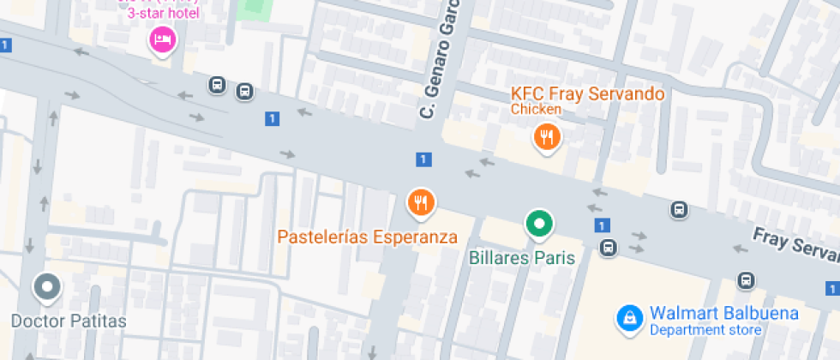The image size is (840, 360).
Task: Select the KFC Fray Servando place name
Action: [x=587, y=93]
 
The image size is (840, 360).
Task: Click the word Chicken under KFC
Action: [x=536, y=109]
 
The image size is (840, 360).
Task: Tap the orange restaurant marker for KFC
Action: [x=546, y=135]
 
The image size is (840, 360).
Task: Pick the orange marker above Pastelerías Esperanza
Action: [x=420, y=203]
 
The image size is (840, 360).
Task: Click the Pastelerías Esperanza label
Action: [x=367, y=237]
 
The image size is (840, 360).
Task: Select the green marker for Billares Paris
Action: [x=539, y=225]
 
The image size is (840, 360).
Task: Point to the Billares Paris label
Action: [x=521, y=256]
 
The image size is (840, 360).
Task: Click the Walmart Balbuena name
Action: [x=723, y=313]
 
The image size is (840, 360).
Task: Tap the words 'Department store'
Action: [x=705, y=330]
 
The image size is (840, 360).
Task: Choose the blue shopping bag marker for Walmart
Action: [x=630, y=319]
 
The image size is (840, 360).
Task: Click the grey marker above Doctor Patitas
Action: [x=47, y=287]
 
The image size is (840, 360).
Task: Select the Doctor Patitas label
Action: [x=69, y=321]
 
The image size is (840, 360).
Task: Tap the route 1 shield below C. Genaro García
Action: [x=423, y=159]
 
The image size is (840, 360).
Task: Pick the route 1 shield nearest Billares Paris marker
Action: [x=603, y=225]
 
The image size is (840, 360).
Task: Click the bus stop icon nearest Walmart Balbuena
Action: [x=746, y=280]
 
